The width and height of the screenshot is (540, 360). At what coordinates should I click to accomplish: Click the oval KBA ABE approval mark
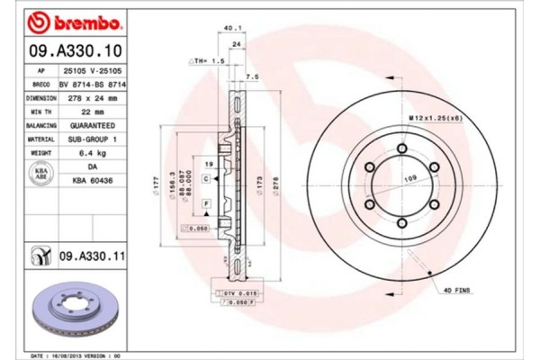(x=40, y=174)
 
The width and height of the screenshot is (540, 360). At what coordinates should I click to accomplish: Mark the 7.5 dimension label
(x=253, y=77)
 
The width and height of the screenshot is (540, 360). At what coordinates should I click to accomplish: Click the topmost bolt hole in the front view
(x=401, y=149)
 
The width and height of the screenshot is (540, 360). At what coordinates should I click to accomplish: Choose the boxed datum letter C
(x=207, y=179)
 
